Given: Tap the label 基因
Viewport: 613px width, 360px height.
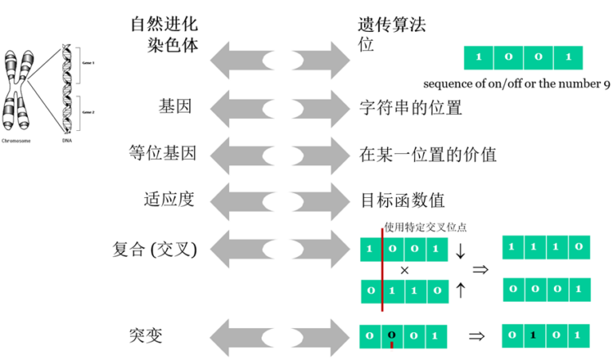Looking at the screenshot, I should pyautogui.click(x=176, y=106).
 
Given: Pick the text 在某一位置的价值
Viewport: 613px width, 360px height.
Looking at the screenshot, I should pyautogui.click(x=429, y=154).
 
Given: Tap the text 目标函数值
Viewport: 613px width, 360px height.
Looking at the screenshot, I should pyautogui.click(x=402, y=199).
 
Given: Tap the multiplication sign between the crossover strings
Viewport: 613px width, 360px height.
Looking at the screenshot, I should pyautogui.click(x=405, y=270).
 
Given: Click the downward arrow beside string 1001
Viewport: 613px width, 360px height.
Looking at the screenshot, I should pyautogui.click(x=460, y=251).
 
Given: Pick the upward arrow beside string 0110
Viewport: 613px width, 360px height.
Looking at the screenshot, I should pyautogui.click(x=460, y=290).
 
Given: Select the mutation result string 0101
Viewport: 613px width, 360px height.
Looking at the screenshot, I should pyautogui.click(x=545, y=335).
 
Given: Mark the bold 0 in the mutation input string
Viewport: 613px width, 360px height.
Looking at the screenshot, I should pyautogui.click(x=391, y=335).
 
